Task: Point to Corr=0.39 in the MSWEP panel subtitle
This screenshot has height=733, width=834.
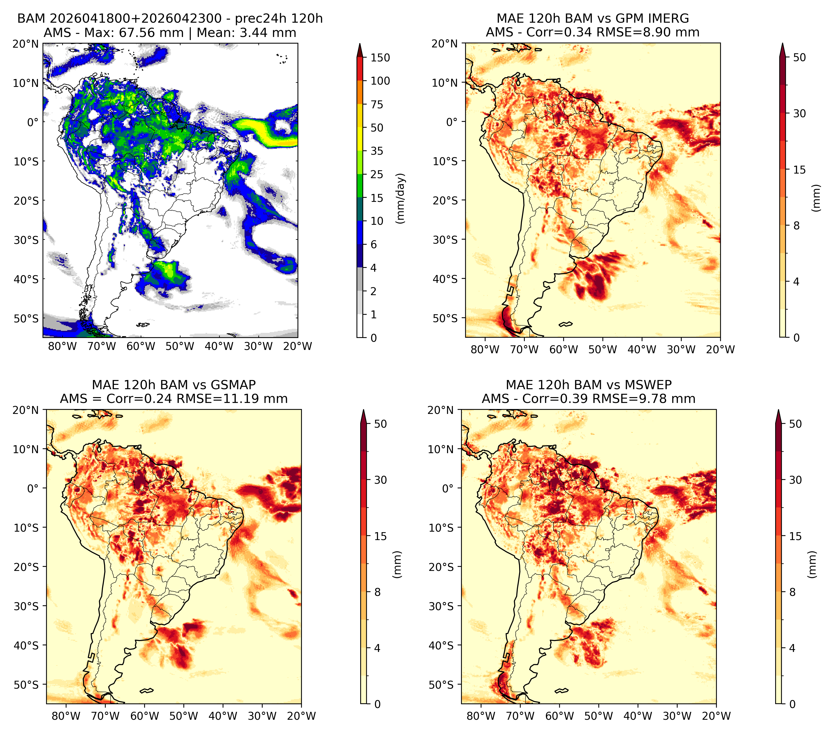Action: [x=554, y=399]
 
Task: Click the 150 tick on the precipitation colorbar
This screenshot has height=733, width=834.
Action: [x=380, y=58]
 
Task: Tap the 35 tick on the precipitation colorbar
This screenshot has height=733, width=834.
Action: [x=376, y=151]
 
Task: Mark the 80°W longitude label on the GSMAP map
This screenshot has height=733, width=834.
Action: [x=66, y=716]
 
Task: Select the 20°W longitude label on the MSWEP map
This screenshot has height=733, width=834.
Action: [x=717, y=716]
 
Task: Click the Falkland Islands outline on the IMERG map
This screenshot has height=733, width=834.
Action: [x=566, y=324]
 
